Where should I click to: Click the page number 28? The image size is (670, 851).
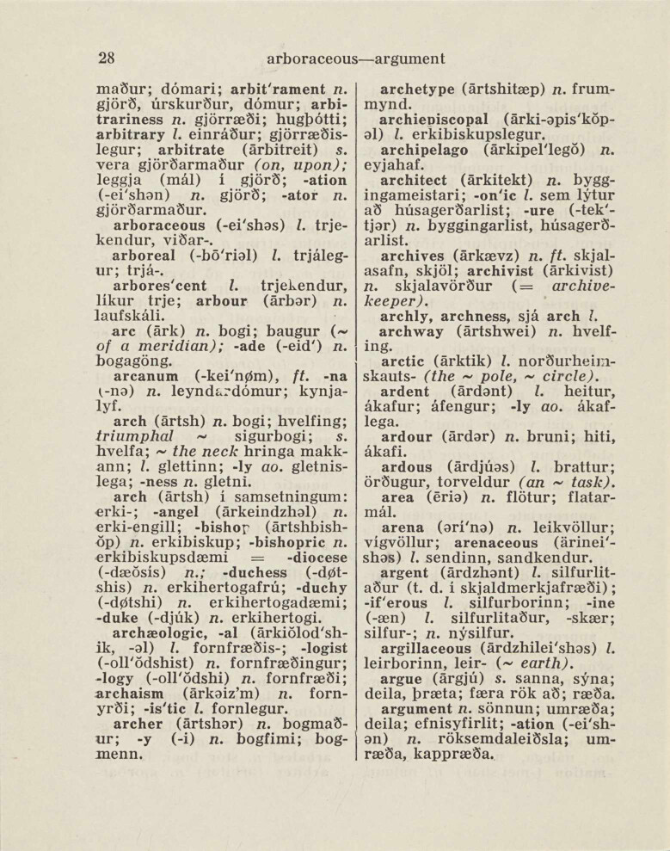coord(107,59)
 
